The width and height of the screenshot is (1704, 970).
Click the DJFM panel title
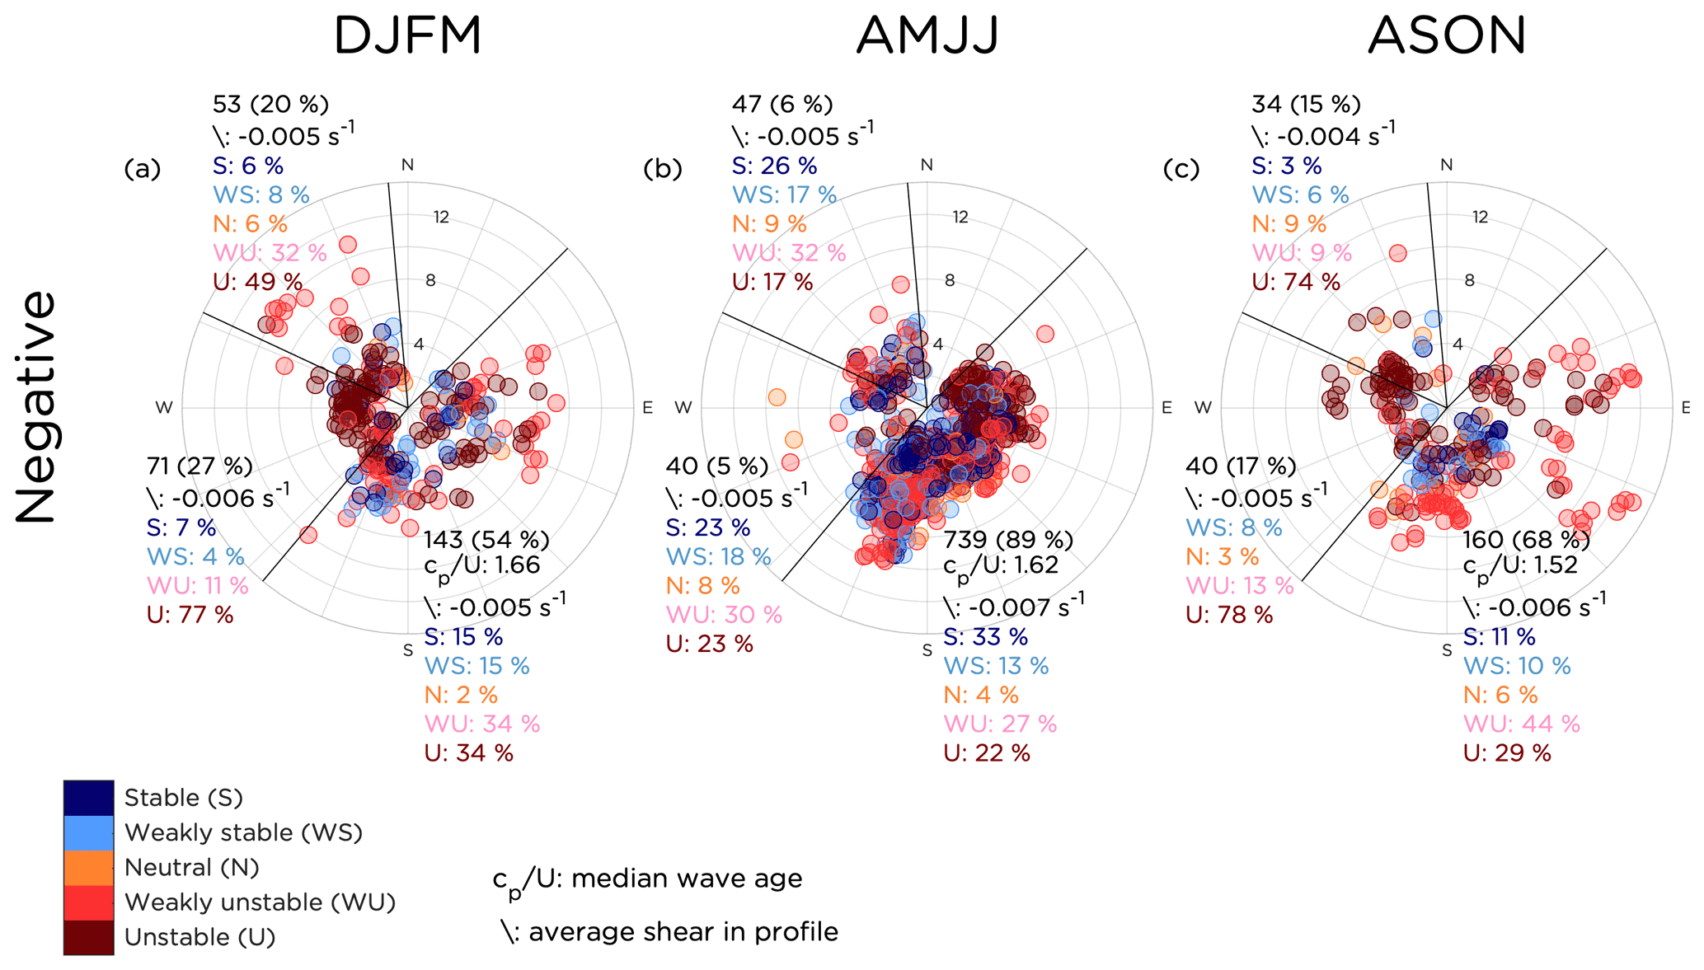(x=407, y=37)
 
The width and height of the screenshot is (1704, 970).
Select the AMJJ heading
(x=927, y=37)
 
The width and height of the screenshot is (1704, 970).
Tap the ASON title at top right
(x=1447, y=37)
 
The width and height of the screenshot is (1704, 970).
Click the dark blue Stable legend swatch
(x=88, y=798)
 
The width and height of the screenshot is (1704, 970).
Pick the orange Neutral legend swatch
(x=88, y=868)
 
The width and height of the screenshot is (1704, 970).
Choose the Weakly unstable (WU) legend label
(x=260, y=902)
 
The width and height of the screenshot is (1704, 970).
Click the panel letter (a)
(x=143, y=169)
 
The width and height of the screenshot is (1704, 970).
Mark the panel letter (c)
(x=1181, y=169)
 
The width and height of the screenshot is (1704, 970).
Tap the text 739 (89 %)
(x=1008, y=540)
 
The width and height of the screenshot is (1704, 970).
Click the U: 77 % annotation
(x=190, y=615)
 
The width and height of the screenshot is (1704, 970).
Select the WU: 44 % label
(x=1521, y=724)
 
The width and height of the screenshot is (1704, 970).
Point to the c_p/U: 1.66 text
(x=481, y=567)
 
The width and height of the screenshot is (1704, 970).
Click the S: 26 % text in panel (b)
(x=774, y=166)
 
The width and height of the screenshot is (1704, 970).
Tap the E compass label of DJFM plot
(x=647, y=407)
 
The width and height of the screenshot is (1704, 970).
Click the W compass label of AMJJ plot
(x=683, y=407)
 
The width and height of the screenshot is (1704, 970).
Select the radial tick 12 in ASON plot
(x=1480, y=218)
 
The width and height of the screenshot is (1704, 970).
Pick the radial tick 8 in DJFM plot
(x=430, y=281)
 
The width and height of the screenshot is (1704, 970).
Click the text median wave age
(x=686, y=879)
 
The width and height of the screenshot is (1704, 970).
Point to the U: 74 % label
(x=1296, y=282)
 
